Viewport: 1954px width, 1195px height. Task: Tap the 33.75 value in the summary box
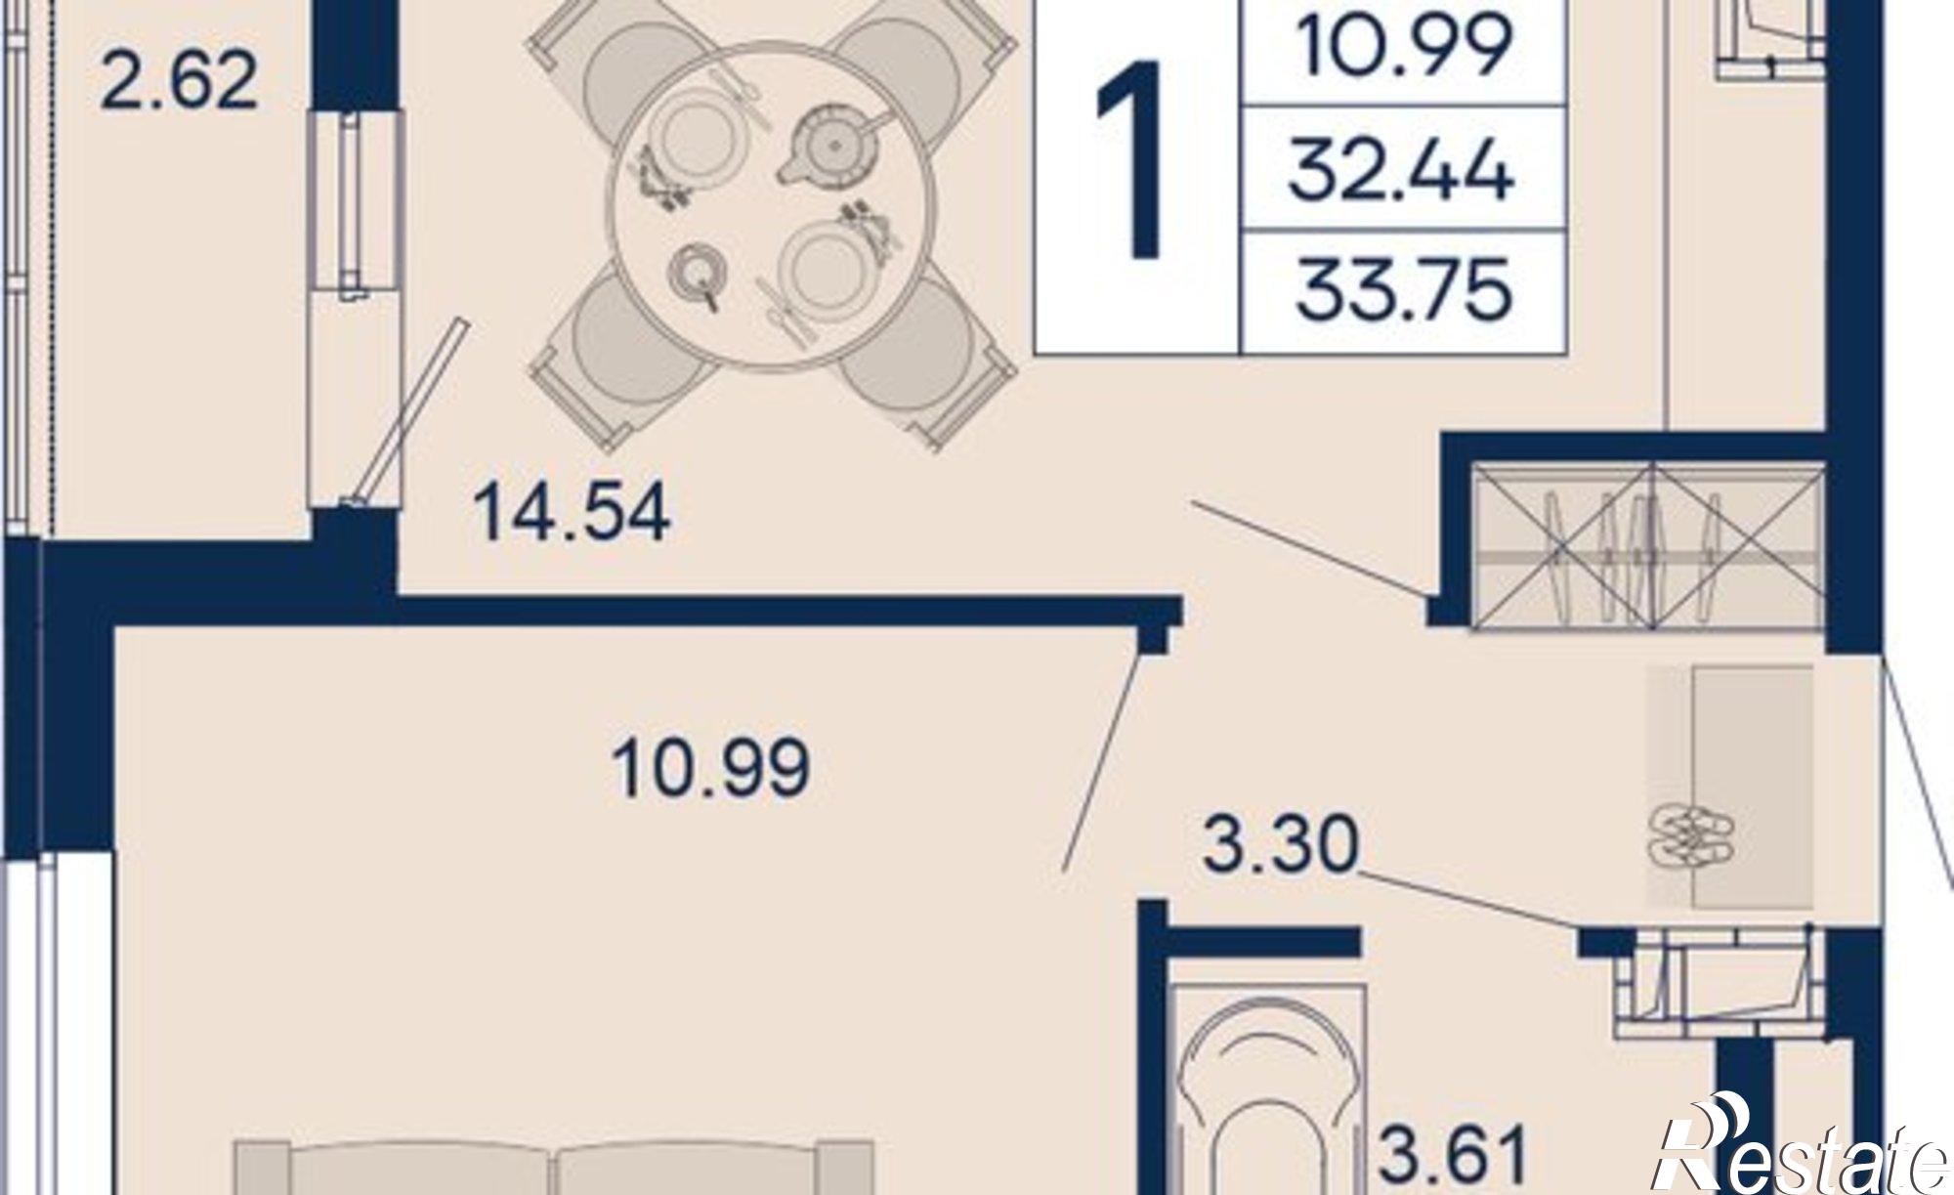pyautogui.click(x=1403, y=290)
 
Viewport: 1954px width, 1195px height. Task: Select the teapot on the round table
pyautogui.click(x=831, y=145)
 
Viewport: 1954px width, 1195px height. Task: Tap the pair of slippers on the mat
pyautogui.click(x=1691, y=836)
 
